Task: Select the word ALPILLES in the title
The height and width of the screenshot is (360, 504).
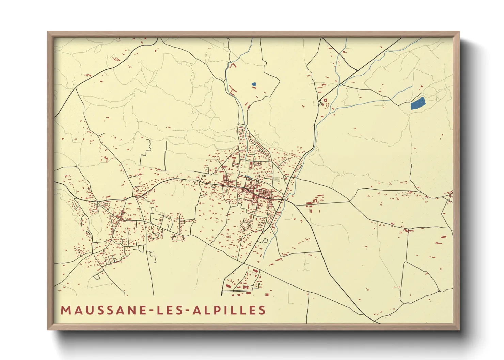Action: [229, 310]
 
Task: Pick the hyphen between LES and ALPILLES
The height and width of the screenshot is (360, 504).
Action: [188, 311]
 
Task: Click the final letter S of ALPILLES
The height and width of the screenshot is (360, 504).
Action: [262, 310]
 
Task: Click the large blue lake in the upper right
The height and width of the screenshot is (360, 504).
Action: [418, 103]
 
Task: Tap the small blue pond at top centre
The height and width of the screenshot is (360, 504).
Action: [254, 84]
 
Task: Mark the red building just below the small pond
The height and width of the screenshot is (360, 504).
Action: [254, 88]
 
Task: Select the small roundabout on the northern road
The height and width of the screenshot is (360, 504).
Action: [319, 102]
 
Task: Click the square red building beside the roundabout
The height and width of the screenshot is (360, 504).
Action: [325, 100]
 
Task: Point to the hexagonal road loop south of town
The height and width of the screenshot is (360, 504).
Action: [246, 225]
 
